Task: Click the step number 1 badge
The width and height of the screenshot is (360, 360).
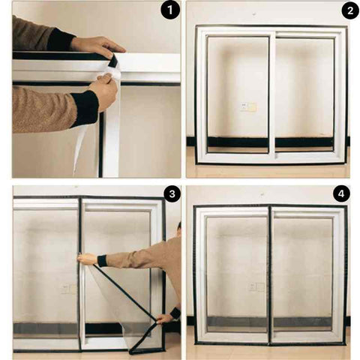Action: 170,10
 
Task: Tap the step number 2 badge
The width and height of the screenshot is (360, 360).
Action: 350,10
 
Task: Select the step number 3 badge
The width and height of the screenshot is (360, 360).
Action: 172,194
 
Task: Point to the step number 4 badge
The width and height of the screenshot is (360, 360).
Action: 341,194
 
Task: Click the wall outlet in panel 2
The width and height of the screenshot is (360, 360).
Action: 248,106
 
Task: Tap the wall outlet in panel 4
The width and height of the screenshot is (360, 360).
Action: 256,287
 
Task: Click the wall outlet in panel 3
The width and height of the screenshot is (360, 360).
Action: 68,289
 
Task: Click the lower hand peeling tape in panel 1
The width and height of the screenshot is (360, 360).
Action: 104,91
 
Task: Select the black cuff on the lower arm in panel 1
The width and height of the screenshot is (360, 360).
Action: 85,108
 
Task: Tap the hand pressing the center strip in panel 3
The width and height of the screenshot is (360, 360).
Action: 87,259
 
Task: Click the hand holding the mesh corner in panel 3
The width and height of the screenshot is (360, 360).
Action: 164,319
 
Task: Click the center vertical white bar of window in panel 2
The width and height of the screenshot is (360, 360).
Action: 272,95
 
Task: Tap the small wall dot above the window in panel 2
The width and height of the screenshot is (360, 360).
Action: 254,13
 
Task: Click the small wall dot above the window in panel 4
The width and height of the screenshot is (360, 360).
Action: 262,193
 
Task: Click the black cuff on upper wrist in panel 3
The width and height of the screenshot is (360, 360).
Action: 102,261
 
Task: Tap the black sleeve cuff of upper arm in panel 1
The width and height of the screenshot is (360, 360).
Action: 61,40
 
